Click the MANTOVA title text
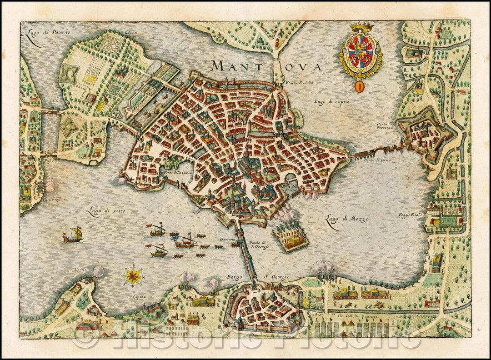[x=266, y=66]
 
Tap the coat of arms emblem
[x=361, y=52]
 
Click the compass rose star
[x=133, y=275]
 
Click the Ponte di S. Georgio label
[x=260, y=245]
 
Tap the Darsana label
[x=227, y=239]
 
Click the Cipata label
[x=127, y=297]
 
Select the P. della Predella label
[x=301, y=83]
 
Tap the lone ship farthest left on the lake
[x=73, y=235]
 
